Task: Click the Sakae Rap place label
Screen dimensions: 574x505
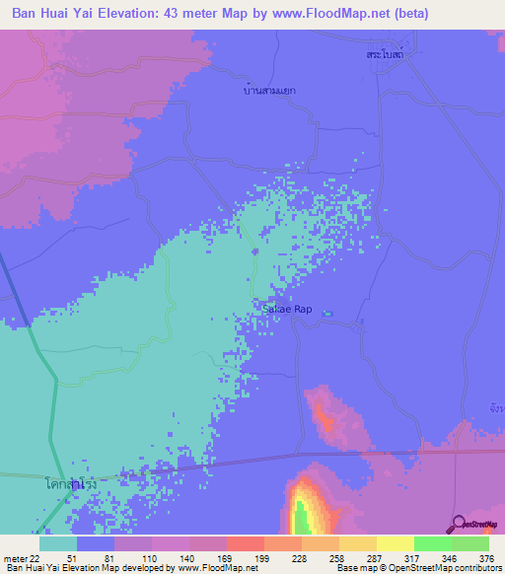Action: [287, 309]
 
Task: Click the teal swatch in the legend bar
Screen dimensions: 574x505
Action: [58, 543]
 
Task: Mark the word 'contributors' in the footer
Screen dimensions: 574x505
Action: [474, 569]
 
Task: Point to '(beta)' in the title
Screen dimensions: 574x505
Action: [409, 15]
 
